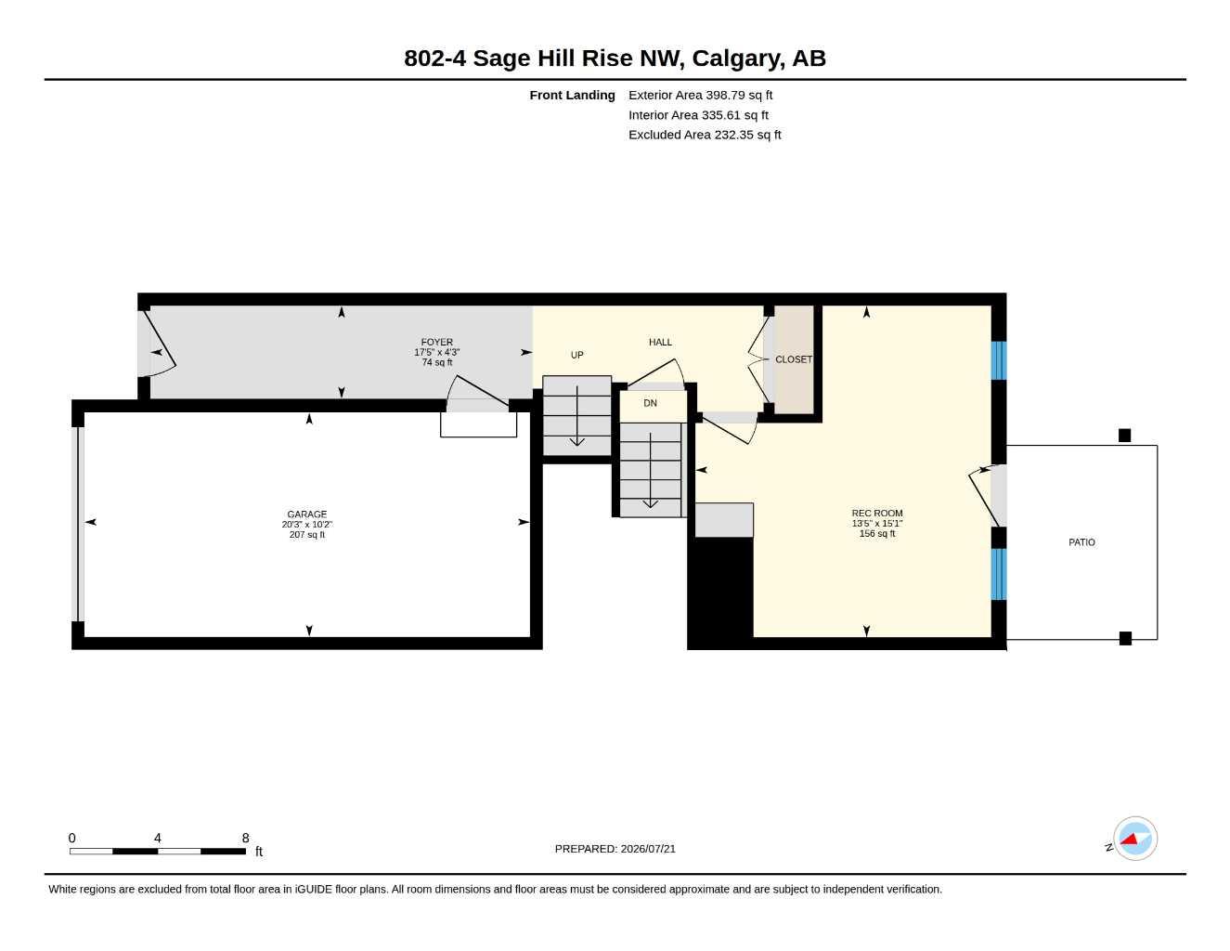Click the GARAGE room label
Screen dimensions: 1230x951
306,514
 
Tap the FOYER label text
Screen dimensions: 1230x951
436,342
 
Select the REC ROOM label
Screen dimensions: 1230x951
877,513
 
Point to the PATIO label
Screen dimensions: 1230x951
1081,542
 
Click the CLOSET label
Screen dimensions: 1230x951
794,359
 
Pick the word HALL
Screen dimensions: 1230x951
660,342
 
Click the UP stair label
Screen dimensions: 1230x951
576,355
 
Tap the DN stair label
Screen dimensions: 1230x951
650,403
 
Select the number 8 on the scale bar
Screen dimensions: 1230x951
245,838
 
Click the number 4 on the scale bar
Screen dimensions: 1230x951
158,838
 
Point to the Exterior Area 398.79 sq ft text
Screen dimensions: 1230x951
700,95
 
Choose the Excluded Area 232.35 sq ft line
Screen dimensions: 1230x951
705,135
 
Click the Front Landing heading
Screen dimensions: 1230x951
572,95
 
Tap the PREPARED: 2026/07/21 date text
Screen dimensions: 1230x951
615,849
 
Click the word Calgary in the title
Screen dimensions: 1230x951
738,59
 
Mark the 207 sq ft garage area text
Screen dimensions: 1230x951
306,534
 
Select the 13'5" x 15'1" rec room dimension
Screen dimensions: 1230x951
877,523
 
